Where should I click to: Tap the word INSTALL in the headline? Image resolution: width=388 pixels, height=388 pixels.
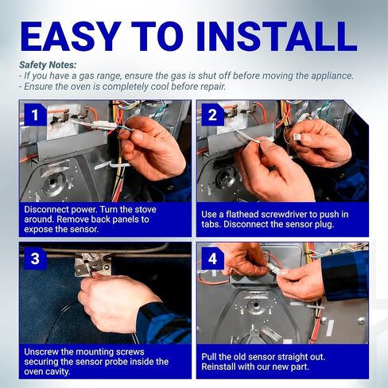(x=277, y=37)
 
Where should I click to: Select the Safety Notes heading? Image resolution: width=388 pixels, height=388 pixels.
(x=48, y=65)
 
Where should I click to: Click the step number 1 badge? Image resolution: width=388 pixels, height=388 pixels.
(x=35, y=115)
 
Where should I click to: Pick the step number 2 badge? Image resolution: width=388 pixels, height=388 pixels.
(x=212, y=115)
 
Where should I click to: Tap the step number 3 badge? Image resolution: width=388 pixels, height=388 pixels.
(x=35, y=258)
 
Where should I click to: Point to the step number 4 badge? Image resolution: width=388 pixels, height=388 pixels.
(x=212, y=258)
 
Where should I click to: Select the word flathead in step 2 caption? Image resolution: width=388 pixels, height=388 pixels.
(x=240, y=215)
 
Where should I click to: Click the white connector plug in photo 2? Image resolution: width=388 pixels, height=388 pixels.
(x=297, y=137)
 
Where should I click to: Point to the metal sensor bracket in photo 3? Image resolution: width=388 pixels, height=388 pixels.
(x=91, y=264)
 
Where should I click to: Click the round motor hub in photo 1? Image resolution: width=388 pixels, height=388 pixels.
(x=52, y=182)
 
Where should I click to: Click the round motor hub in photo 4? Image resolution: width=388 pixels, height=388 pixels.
(x=256, y=305)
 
